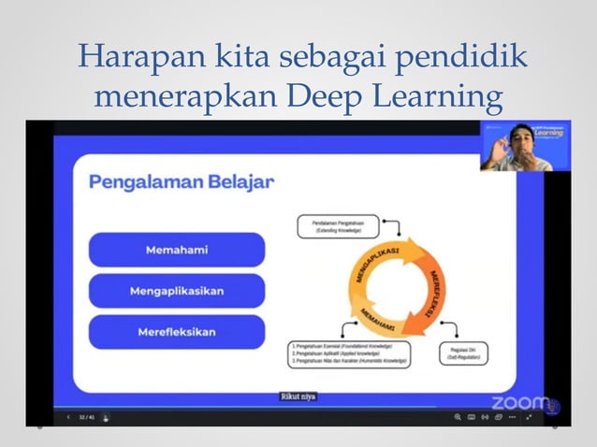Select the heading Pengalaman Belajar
click(182, 181)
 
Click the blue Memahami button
click(177, 250)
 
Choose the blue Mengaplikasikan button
click(177, 291)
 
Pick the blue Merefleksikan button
click(177, 332)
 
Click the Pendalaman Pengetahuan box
click(340, 225)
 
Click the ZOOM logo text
click(520, 403)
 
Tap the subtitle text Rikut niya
click(298, 397)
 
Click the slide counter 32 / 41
click(86, 417)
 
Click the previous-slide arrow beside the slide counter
click(67, 417)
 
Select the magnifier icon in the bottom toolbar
click(458, 416)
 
